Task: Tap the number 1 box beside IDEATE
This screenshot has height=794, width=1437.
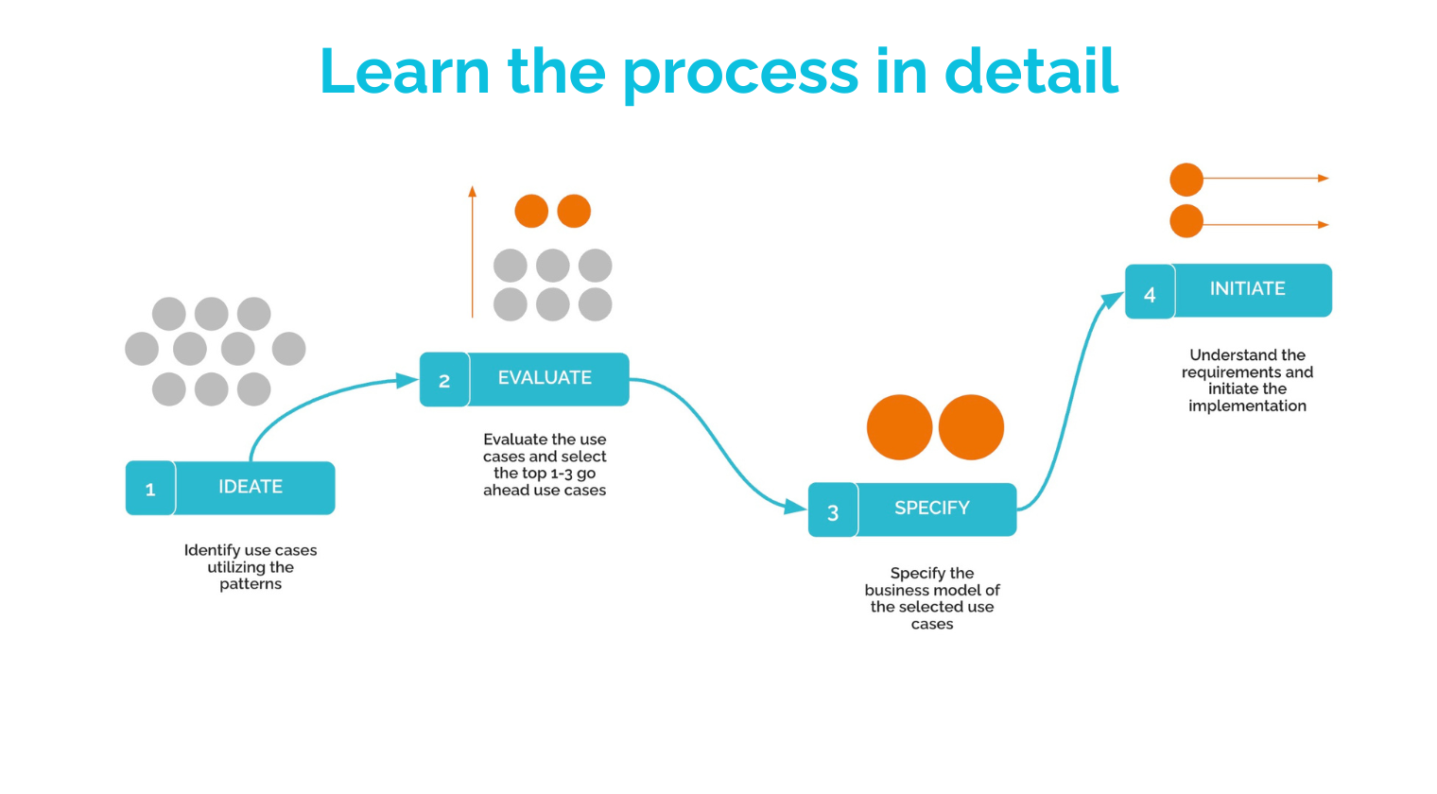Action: [150, 489]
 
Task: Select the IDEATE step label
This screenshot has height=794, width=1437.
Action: [251, 487]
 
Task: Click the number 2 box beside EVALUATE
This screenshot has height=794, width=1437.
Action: [444, 380]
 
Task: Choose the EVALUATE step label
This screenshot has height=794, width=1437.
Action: [545, 378]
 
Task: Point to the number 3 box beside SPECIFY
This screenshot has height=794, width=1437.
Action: [833, 511]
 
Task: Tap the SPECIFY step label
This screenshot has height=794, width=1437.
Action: [932, 509]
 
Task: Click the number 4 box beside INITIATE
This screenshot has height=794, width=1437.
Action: [1150, 293]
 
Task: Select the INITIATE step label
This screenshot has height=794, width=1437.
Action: [1248, 289]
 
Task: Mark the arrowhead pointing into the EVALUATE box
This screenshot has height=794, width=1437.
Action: [408, 380]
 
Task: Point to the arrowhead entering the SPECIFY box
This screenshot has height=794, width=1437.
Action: [796, 508]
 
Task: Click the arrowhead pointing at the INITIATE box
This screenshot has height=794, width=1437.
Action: [1112, 301]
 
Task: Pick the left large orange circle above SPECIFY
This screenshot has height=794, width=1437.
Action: [899, 427]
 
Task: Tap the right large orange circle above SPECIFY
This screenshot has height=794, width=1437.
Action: [971, 427]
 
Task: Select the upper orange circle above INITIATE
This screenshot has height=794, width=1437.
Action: [1186, 179]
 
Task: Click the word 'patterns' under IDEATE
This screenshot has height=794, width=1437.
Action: [251, 584]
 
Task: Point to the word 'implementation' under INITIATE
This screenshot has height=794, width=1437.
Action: [1247, 406]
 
